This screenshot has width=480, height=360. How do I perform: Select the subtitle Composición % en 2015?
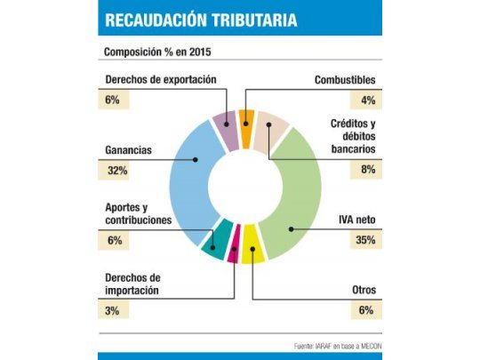click(x=158, y=51)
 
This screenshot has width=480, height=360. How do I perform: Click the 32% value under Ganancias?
click(x=116, y=170)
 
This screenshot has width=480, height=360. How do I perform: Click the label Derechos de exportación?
click(x=160, y=80)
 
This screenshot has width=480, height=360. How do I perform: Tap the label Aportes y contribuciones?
click(x=138, y=213)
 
